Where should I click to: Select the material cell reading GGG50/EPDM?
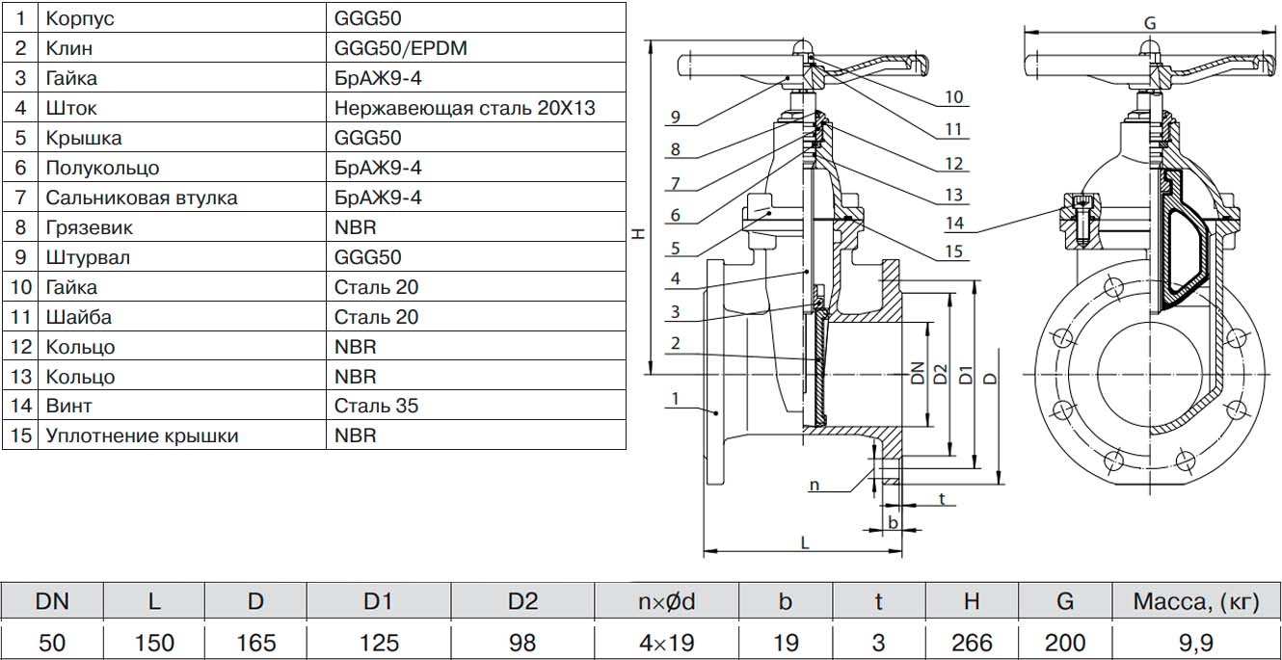(400, 47)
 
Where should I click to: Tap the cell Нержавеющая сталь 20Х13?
(465, 107)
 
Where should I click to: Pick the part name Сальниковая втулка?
(141, 198)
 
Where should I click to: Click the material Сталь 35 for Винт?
(376, 406)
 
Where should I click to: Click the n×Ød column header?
(666, 601)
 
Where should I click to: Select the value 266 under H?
(971, 642)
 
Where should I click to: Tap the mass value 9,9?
(1195, 642)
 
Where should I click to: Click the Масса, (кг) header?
(1195, 601)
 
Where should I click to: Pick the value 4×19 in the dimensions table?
(666, 642)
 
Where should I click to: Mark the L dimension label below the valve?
(804, 542)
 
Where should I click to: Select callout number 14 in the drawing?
(953, 223)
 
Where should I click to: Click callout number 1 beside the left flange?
(675, 398)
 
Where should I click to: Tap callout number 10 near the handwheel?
(953, 96)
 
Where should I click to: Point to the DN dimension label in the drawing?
(917, 373)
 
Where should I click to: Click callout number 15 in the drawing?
(953, 252)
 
